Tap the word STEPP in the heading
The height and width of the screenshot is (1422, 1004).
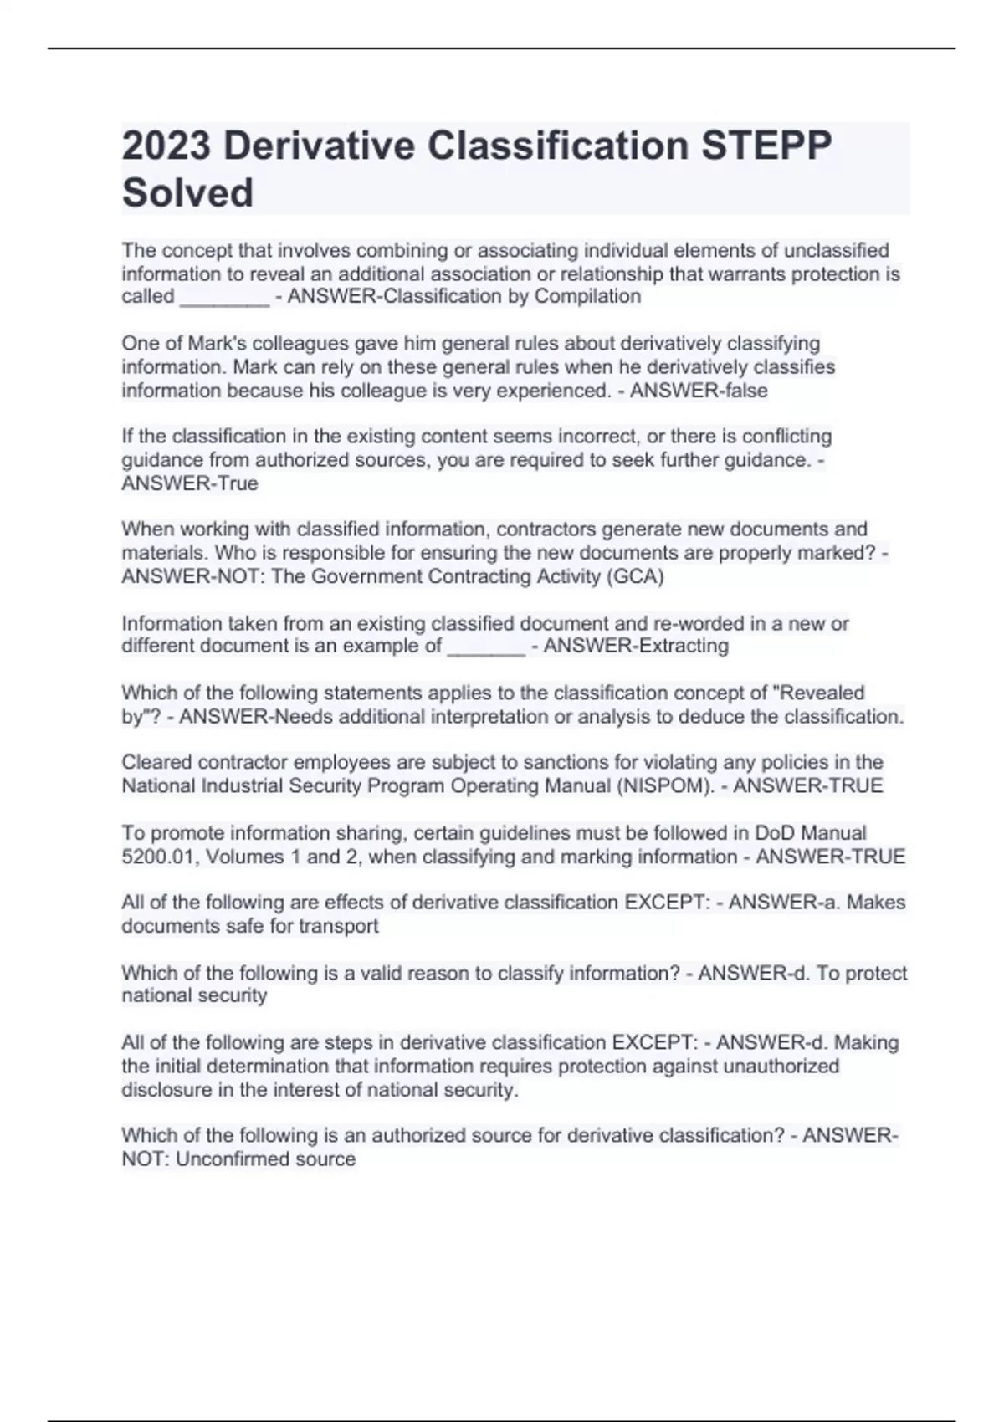pyautogui.click(x=766, y=146)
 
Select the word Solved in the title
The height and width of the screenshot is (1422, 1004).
pyautogui.click(x=187, y=193)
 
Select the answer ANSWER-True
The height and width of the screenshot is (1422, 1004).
pyautogui.click(x=190, y=483)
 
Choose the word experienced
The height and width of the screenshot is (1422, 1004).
pyautogui.click(x=561, y=391)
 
